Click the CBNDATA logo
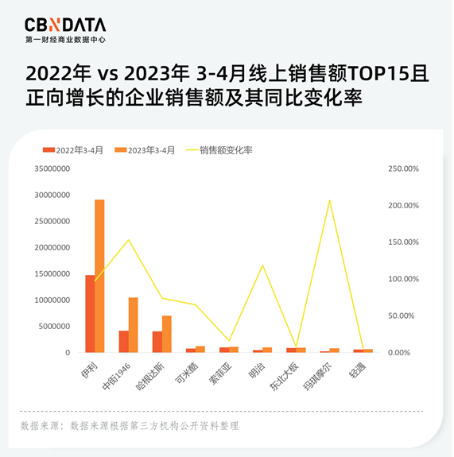click(65, 29)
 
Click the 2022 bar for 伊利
click(90, 314)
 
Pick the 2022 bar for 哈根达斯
click(157, 342)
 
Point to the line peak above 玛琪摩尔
click(329, 200)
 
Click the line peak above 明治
click(262, 265)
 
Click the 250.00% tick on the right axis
click(402, 168)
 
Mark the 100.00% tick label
click(402, 279)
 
